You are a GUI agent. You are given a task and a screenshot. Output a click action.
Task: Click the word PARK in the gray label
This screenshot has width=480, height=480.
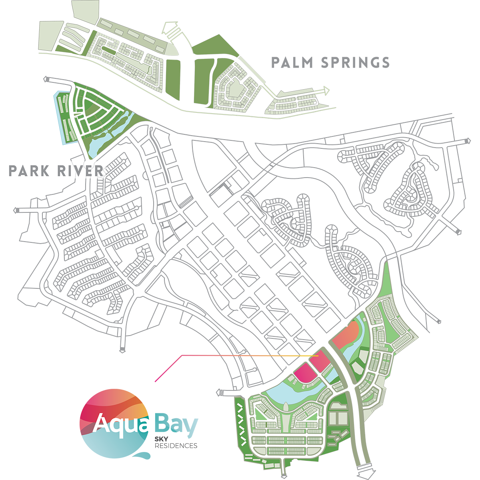pyautogui.click(x=29, y=171)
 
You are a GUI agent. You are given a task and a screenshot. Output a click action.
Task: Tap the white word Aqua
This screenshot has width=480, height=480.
pyautogui.click(x=123, y=424)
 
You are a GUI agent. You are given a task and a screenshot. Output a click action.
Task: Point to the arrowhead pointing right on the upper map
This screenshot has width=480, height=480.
pyautogui.click(x=326, y=91)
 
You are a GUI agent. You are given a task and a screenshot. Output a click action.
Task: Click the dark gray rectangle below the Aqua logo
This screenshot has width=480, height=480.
pyautogui.click(x=188, y=460)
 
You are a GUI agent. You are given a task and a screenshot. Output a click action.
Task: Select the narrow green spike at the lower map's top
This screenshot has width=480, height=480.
pyautogui.click(x=386, y=280)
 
